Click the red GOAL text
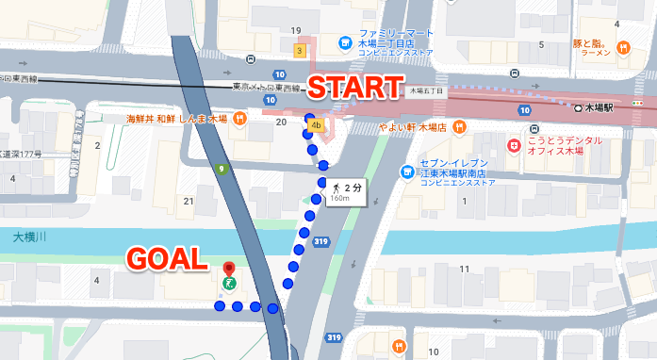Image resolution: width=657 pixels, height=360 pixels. tap(166, 257)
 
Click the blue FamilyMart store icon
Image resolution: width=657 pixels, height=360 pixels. tap(346, 43)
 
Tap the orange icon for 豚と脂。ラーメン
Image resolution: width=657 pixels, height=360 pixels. tap(622, 47)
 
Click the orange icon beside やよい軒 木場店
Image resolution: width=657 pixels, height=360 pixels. tap(458, 126)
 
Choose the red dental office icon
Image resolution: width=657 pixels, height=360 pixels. tap(514, 146)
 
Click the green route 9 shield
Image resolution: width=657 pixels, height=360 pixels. tap(221, 169)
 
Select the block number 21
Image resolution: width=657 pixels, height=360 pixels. tap(189, 201)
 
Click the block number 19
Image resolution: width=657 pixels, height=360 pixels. tap(296, 31)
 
